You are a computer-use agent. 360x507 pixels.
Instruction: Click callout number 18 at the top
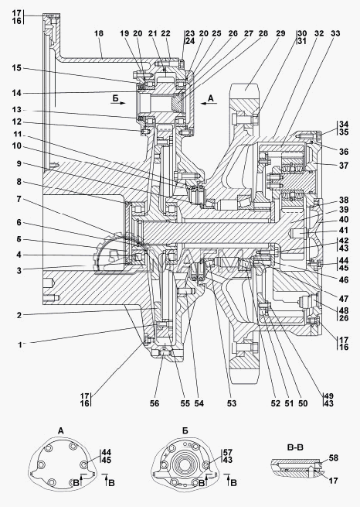tap(99, 33)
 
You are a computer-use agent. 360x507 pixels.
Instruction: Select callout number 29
tap(280, 33)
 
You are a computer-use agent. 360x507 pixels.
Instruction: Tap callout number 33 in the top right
tap(335, 33)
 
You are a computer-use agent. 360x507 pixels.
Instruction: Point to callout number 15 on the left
tap(16, 68)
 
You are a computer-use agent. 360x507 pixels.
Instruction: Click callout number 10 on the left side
tap(16, 146)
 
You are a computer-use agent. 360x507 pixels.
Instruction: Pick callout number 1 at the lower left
tap(19, 344)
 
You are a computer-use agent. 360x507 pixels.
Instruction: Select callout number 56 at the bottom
tap(155, 403)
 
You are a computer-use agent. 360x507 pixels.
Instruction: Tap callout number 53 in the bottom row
tap(232, 403)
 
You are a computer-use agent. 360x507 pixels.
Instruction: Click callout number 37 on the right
tap(344, 165)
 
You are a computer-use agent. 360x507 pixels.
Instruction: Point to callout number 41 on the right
tap(344, 230)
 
